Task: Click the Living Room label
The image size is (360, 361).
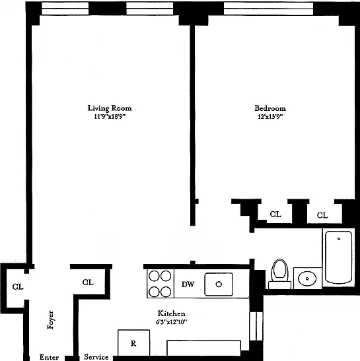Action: (110, 108)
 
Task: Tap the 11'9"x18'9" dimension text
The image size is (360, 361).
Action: (110, 117)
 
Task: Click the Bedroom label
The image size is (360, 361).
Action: (270, 108)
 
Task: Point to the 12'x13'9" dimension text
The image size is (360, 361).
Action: (270, 117)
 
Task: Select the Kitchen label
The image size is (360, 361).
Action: (171, 313)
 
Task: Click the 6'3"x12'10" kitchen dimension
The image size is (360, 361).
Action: (171, 322)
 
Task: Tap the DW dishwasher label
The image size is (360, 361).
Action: (188, 284)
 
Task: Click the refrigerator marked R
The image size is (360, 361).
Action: (133, 343)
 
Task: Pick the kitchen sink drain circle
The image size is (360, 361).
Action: (219, 284)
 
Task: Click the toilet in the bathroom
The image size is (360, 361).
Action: (280, 274)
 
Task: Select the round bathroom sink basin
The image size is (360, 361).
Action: (307, 279)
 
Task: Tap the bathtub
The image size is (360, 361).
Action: (339, 257)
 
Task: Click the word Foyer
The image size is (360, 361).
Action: (50, 320)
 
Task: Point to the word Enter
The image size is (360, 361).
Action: (49, 357)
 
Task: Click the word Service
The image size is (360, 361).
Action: (96, 357)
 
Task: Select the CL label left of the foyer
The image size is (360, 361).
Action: (18, 287)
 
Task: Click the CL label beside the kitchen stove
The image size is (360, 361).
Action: (88, 282)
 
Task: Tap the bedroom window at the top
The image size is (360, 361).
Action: (268, 9)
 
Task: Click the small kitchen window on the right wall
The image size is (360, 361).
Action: (256, 326)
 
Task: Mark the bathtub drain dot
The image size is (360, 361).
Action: (339, 239)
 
